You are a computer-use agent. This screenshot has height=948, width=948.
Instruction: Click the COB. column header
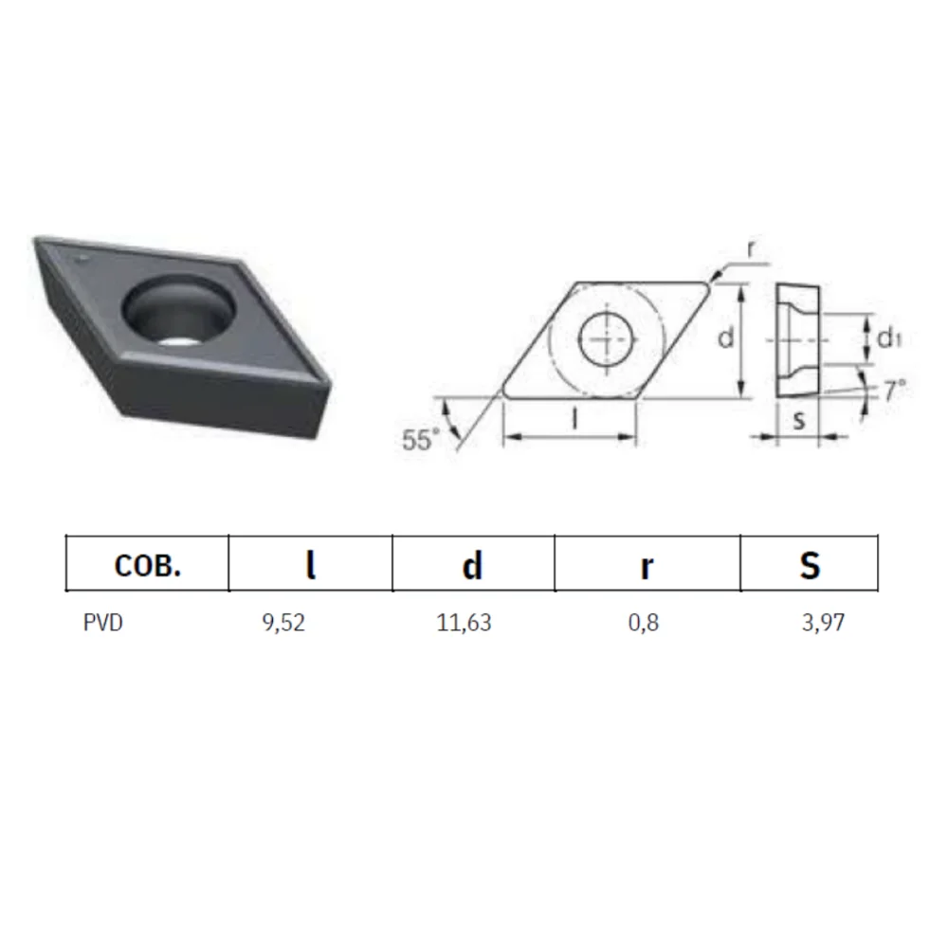click(x=148, y=565)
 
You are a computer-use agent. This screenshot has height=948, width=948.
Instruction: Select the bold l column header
click(x=311, y=565)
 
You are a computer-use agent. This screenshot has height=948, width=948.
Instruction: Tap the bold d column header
click(x=472, y=566)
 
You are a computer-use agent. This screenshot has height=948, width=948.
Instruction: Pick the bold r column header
click(x=647, y=568)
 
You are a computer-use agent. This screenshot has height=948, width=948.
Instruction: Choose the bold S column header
click(x=810, y=566)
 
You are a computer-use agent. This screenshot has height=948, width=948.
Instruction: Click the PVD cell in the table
click(x=102, y=622)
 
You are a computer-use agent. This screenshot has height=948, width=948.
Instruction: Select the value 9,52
click(x=283, y=623)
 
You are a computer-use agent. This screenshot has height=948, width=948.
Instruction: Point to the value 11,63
click(x=464, y=623)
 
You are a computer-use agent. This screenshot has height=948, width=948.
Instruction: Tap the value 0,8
click(x=644, y=623)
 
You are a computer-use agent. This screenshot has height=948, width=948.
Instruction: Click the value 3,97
click(x=823, y=623)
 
